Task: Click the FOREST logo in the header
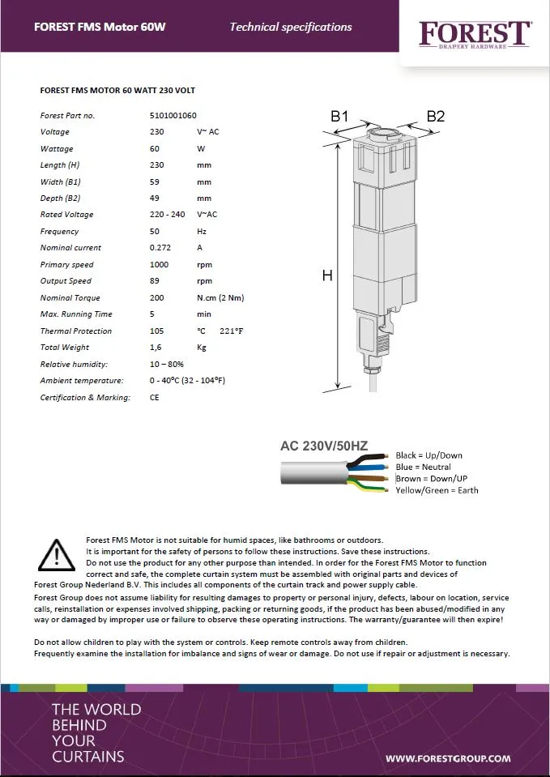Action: coord(474,33)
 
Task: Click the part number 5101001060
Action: coord(173,115)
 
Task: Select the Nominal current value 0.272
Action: coord(160,248)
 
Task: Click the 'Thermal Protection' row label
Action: coord(76,331)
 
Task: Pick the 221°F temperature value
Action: coord(232,331)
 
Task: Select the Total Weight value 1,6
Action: coord(156,348)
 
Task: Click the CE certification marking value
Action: coord(155,397)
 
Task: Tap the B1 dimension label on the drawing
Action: coord(339,117)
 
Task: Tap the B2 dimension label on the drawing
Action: coord(435,117)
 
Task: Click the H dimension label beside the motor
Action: coord(327,276)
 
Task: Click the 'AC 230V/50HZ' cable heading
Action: coord(324,446)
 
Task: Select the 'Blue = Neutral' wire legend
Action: coord(423,467)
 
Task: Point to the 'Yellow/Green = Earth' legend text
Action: coord(437,490)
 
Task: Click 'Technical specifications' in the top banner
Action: coord(291,27)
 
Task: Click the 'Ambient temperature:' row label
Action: coord(82,381)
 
